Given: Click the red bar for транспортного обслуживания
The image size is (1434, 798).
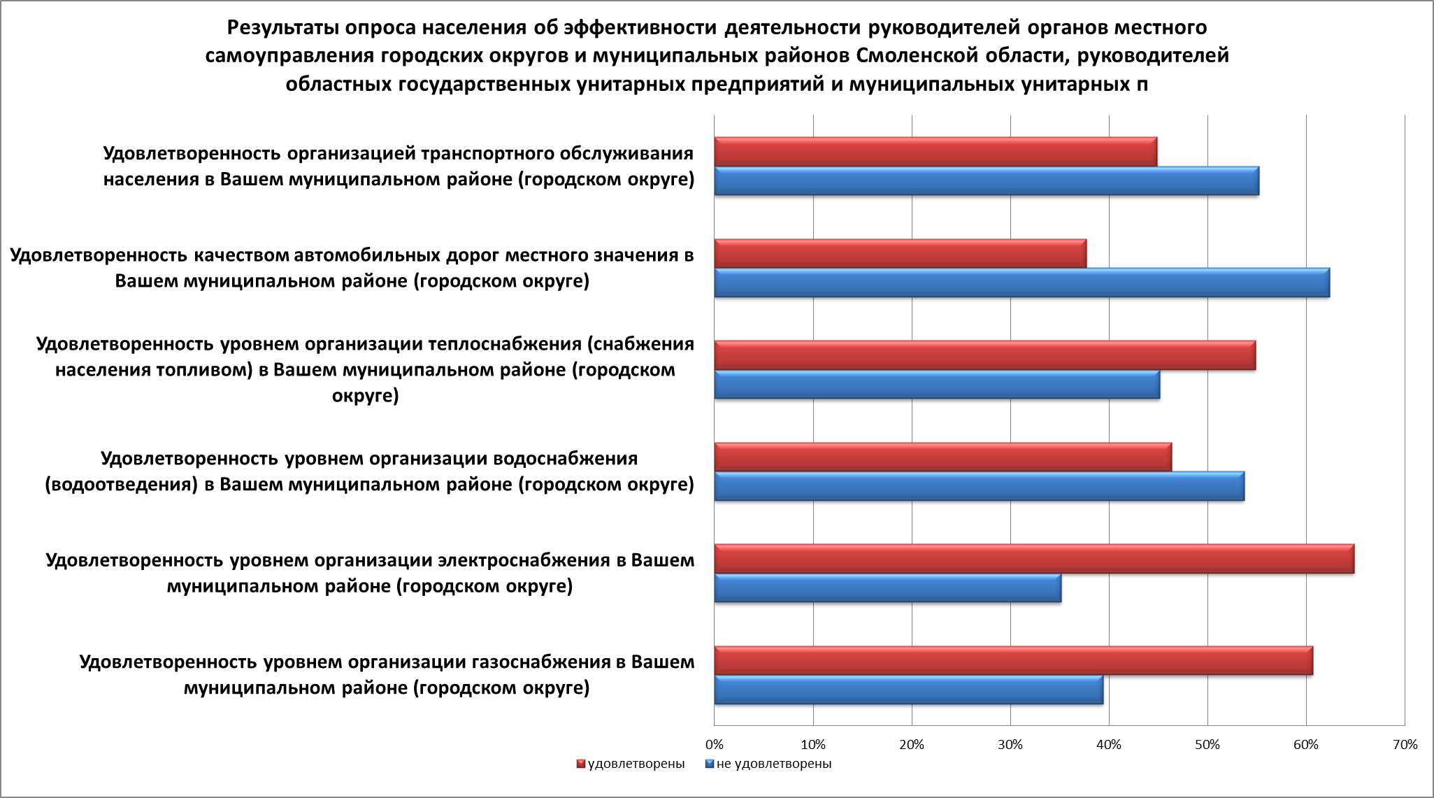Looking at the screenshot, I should (935, 152).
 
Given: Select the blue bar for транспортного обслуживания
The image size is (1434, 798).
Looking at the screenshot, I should (987, 180).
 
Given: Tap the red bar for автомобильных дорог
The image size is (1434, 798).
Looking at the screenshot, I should (901, 253).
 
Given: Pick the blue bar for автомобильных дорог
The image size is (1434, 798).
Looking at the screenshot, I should (1021, 283).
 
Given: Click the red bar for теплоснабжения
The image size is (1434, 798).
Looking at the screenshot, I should (984, 355).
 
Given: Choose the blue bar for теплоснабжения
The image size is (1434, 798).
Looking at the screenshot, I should (937, 385).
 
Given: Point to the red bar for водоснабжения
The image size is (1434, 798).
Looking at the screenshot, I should (942, 457).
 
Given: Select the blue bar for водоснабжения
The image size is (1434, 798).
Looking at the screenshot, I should (979, 486).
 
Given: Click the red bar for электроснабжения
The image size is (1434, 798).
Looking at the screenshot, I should (1034, 559).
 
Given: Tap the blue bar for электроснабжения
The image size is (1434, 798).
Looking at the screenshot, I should (887, 587).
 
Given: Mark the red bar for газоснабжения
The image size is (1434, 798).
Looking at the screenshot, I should (1013, 661).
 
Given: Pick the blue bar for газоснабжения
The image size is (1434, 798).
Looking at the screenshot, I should (908, 690).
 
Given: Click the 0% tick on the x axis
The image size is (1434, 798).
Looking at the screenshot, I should (714, 745).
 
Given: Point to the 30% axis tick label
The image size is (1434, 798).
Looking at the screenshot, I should (1010, 745).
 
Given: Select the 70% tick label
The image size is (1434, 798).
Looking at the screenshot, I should (1405, 745).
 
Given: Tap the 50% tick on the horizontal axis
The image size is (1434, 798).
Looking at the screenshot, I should (1207, 745).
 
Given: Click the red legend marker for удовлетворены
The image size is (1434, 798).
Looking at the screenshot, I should (580, 764).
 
